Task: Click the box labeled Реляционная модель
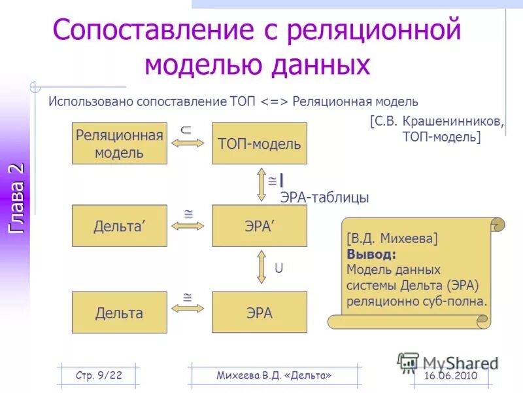[x=119, y=143]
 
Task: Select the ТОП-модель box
[x=259, y=143]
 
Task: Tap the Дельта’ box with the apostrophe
[x=119, y=226]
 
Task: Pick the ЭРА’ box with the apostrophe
[x=259, y=226]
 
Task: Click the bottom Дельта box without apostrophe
[x=119, y=313]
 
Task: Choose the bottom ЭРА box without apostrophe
[x=259, y=313]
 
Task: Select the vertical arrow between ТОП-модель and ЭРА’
[x=261, y=185]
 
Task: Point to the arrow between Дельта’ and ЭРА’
[x=188, y=226]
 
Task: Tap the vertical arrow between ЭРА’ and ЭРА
[x=261, y=267]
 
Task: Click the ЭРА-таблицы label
[x=324, y=197]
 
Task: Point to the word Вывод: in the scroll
[x=371, y=253]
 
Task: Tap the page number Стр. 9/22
[x=99, y=375]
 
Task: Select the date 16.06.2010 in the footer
[x=450, y=375]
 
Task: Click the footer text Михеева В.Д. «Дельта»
[x=274, y=375]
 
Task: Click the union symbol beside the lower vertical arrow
[x=279, y=267]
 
